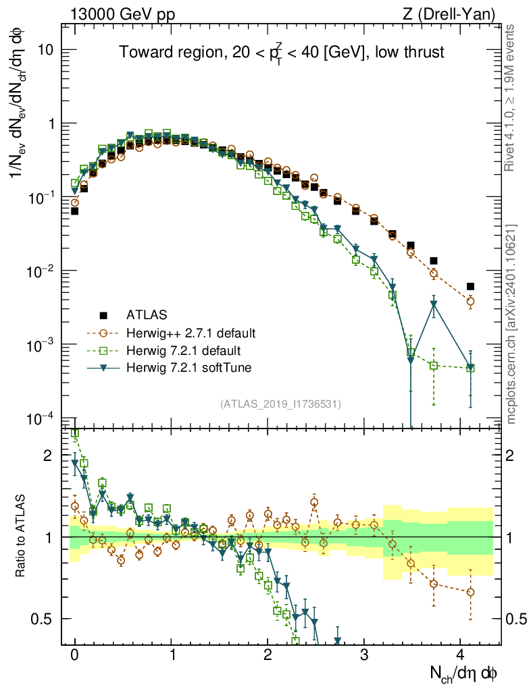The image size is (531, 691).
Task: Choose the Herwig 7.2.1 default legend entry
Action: (x=174, y=350)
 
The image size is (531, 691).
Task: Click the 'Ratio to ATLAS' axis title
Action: (x=23, y=536)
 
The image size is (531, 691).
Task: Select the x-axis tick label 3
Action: (x=364, y=655)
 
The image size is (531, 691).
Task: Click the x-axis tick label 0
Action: (x=74, y=655)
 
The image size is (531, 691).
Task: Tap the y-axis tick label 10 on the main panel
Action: (x=52, y=51)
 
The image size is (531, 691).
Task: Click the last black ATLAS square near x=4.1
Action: (x=470, y=286)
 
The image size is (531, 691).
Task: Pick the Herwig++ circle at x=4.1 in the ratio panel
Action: (x=470, y=592)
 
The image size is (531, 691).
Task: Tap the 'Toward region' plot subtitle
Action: (x=282, y=53)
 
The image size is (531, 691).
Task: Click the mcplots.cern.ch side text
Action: (x=512, y=324)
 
